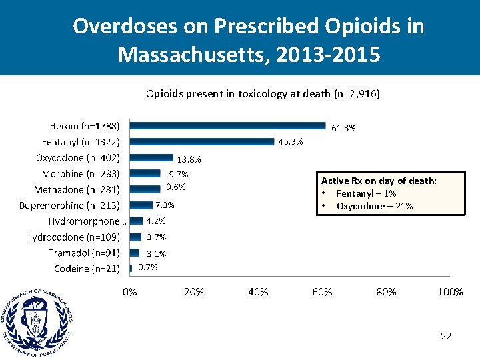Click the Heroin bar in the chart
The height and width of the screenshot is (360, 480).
[227, 125]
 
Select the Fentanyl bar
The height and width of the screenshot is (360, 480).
[202, 141]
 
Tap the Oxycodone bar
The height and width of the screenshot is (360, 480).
[151, 158]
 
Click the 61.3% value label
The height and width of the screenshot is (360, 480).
[343, 128]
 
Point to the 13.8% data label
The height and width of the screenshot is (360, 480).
[189, 159]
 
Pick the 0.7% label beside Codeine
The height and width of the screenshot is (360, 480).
[147, 267]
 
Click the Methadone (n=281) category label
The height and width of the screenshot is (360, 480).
[77, 190]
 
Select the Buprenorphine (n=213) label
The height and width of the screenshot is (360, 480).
[69, 205]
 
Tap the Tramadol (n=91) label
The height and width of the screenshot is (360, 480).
[84, 253]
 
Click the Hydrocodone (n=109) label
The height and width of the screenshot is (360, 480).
[73, 237]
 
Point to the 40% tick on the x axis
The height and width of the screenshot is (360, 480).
[258, 292]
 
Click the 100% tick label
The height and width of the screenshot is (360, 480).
[450, 292]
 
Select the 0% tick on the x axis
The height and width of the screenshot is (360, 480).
[131, 292]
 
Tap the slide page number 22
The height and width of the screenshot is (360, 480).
[446, 336]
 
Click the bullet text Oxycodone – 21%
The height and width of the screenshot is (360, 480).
[374, 206]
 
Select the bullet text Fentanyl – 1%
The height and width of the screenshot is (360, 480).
[366, 193]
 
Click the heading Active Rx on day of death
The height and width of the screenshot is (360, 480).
[379, 181]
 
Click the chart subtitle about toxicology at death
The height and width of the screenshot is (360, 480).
[263, 94]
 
